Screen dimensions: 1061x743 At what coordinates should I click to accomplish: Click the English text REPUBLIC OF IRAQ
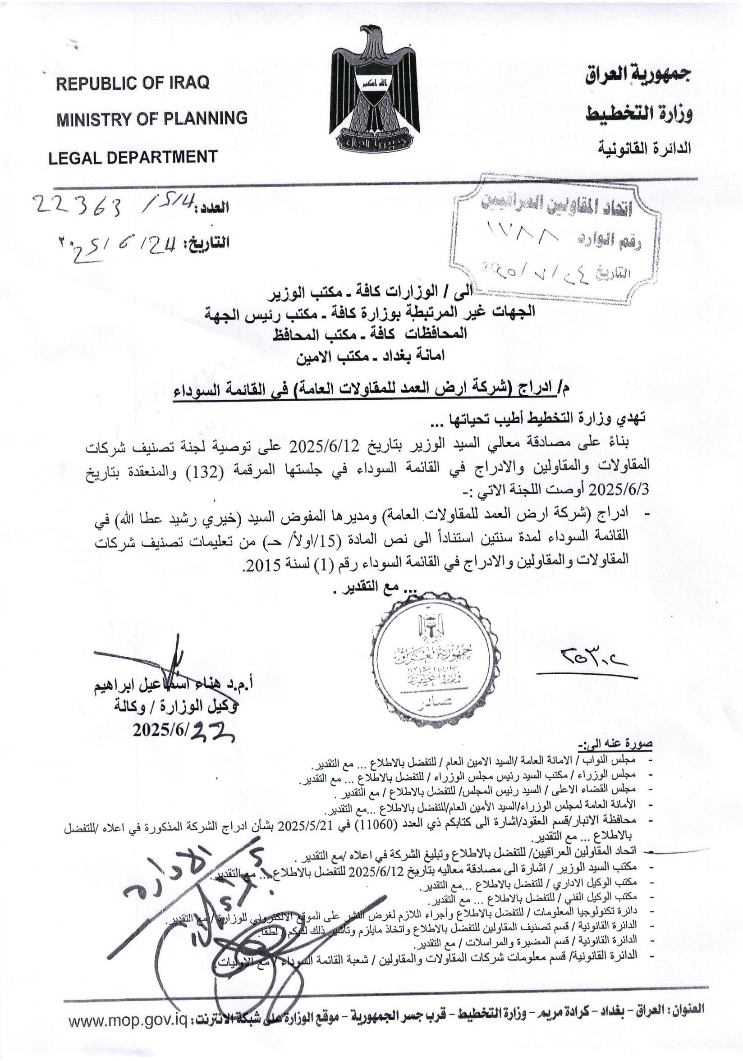(133, 83)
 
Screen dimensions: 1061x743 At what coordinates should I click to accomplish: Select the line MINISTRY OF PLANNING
(151, 119)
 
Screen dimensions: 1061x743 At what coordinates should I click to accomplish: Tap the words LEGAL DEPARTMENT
(133, 157)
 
